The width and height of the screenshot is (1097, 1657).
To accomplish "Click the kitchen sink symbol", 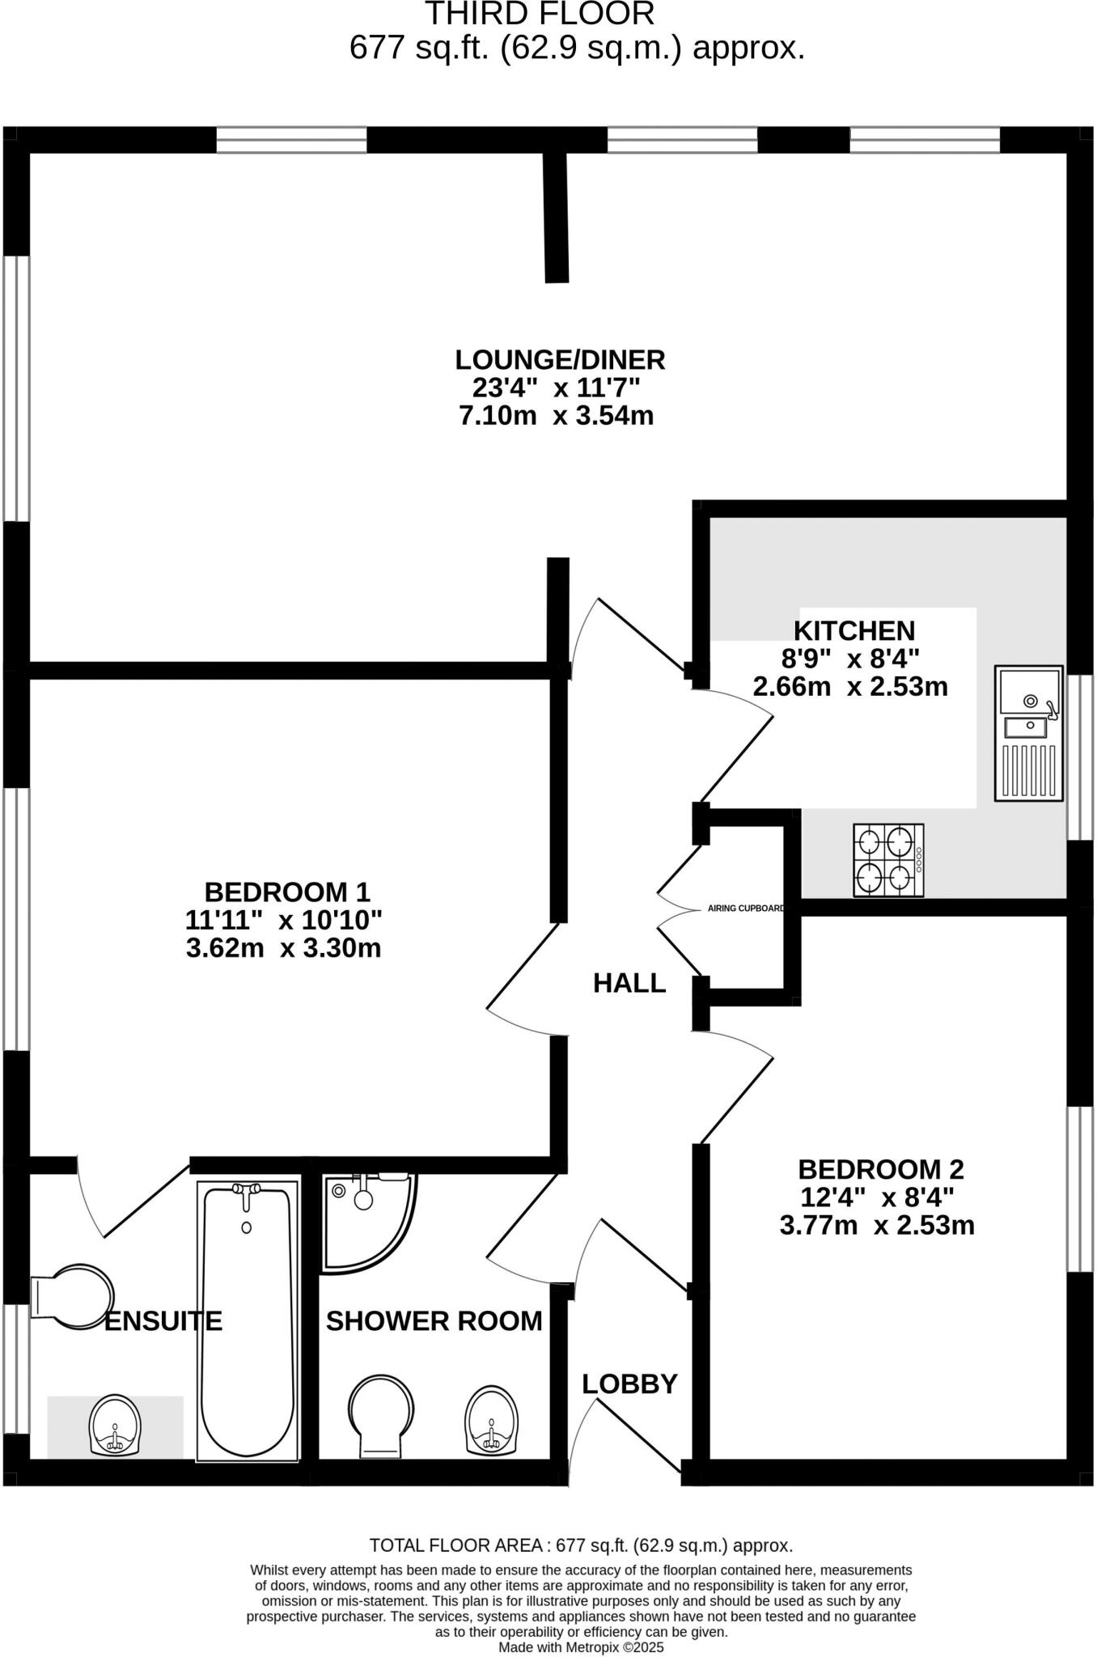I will point(1028,734).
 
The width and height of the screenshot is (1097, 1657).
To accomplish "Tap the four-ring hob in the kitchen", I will point(888,860).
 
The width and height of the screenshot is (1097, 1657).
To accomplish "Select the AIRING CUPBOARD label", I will point(745,909).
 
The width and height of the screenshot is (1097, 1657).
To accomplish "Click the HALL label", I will point(629,983).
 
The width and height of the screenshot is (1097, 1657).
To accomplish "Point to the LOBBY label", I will point(629,1384).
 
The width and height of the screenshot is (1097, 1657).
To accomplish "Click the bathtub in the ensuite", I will point(248,1322).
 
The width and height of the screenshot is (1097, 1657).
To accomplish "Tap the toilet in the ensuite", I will point(73,1296).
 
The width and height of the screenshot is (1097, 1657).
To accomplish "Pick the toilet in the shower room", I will point(381,1415).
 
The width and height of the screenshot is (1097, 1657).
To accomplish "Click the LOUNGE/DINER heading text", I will point(560,359).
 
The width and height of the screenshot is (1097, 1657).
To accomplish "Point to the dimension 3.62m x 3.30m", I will point(283,947).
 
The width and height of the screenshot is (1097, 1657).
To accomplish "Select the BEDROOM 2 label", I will point(881,1169).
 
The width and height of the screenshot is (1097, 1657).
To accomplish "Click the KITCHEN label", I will point(853,630).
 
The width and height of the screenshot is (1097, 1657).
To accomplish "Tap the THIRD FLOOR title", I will point(540,15).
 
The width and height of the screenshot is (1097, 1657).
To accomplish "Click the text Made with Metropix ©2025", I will point(581,1646).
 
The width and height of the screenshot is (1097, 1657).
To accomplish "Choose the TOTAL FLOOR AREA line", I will point(581,1545).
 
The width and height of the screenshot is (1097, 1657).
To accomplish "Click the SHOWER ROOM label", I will point(434,1321).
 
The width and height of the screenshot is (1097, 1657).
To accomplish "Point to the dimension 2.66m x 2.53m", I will point(850,687).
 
